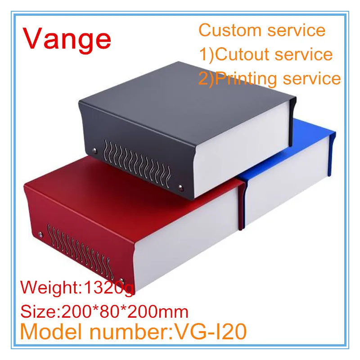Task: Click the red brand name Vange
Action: coord(67,39)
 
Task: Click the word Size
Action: coord(37,311)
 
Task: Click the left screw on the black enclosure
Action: coord(94,150)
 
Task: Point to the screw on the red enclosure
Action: coord(41,234)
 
